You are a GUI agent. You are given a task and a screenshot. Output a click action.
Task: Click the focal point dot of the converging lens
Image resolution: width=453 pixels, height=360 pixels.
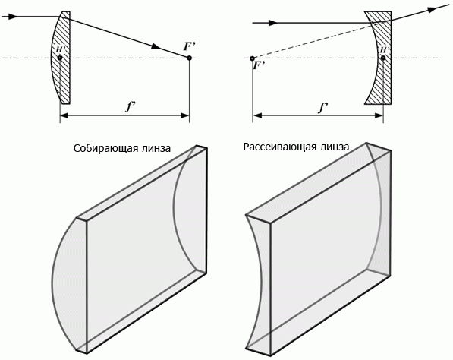(x=189, y=58)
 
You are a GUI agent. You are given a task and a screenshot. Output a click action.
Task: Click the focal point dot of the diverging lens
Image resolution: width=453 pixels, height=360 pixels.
(x=252, y=58)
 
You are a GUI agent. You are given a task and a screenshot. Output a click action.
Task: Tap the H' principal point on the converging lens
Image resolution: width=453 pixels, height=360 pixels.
(x=59, y=58)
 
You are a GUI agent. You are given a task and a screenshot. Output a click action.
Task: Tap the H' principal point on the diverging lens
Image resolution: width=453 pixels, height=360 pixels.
(x=383, y=58)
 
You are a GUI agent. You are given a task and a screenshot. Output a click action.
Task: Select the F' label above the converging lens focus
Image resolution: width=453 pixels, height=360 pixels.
(x=190, y=46)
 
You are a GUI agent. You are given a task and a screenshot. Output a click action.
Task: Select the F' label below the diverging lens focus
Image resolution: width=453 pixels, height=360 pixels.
(x=259, y=65)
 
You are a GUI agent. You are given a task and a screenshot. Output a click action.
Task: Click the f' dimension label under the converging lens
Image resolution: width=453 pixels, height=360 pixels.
(x=130, y=106)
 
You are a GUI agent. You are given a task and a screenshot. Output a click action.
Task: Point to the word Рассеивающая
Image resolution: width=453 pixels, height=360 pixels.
(x=280, y=147)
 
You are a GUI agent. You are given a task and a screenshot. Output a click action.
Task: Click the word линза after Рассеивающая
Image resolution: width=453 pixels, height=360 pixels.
(x=335, y=147)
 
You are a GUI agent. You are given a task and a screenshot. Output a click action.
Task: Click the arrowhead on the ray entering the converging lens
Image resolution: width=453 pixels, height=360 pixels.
(x=11, y=17)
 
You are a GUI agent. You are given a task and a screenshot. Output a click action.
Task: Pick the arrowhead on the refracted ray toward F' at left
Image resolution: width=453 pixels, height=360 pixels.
(x=155, y=46)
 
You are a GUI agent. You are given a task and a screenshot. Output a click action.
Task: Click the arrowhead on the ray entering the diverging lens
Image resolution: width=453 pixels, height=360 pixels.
(x=272, y=23)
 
